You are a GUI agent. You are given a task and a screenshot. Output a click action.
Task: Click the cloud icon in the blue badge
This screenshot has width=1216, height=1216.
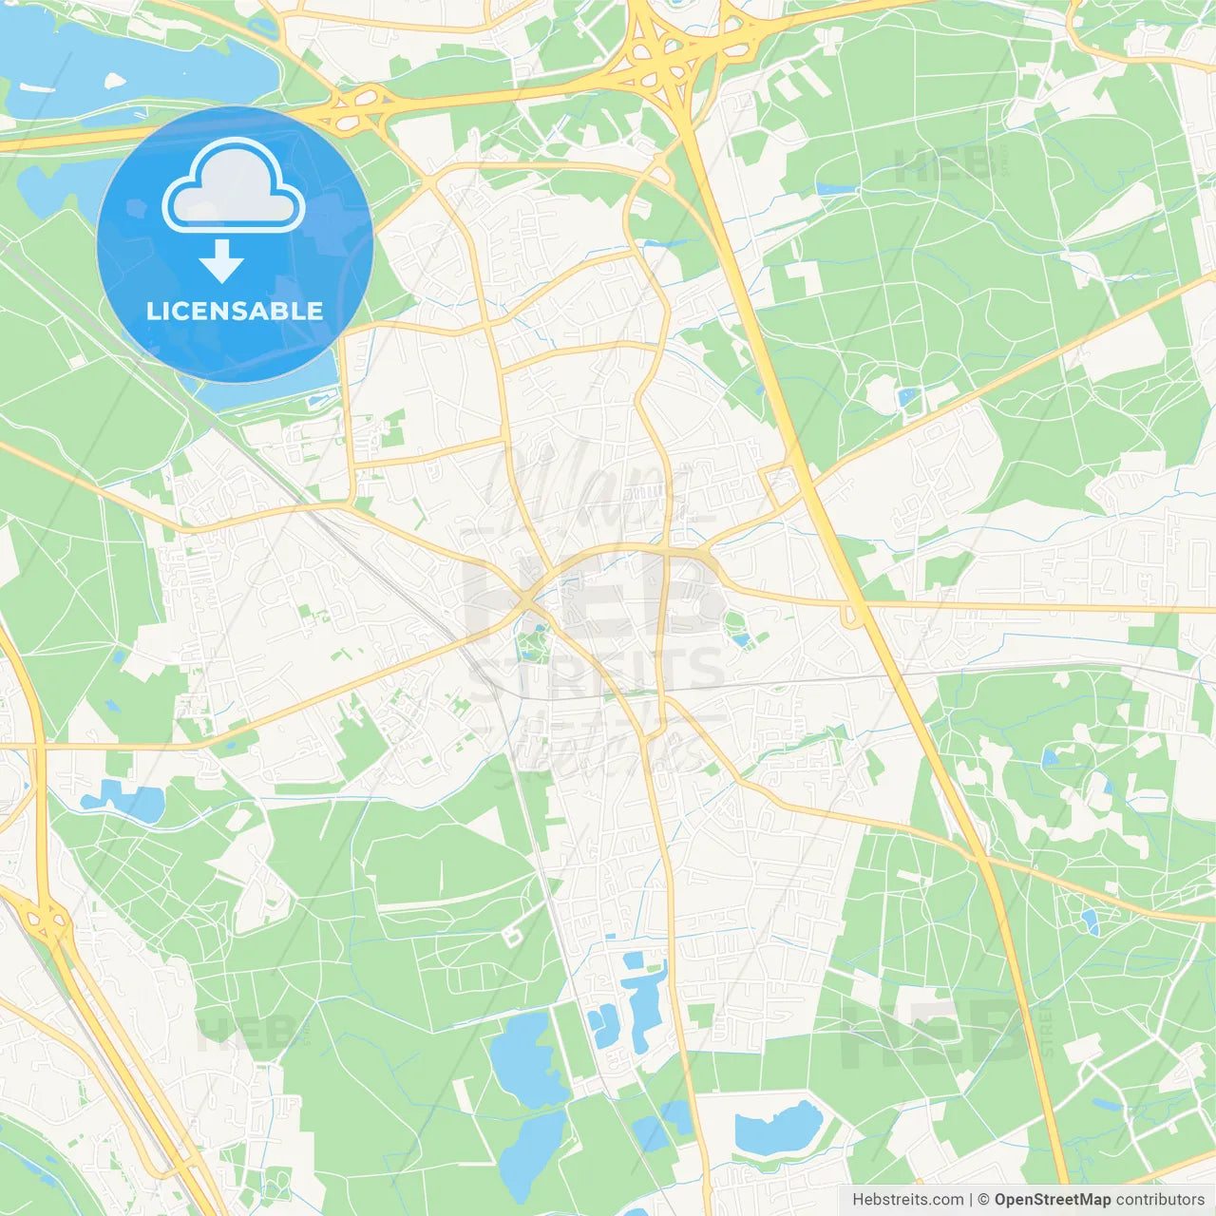[234, 188]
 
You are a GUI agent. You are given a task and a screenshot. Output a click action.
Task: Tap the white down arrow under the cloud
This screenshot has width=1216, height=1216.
[222, 260]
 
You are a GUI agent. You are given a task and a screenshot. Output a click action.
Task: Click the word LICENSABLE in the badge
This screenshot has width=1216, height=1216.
[235, 311]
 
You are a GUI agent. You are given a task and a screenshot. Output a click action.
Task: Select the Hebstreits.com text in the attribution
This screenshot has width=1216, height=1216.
[907, 1200]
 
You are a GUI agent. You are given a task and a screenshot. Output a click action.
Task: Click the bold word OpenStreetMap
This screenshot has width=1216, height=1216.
[1053, 1200]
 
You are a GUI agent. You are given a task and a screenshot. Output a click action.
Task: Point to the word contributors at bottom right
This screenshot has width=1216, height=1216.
[1160, 1200]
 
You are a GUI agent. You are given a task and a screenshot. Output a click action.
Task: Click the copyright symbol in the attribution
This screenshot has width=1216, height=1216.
[984, 1200]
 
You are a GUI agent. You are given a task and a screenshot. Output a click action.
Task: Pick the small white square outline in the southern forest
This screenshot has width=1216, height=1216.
[513, 937]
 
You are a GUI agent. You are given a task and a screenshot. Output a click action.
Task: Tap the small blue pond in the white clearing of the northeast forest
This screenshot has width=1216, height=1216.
[907, 397]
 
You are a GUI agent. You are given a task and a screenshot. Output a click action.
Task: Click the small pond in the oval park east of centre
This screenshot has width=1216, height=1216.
[741, 638]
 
